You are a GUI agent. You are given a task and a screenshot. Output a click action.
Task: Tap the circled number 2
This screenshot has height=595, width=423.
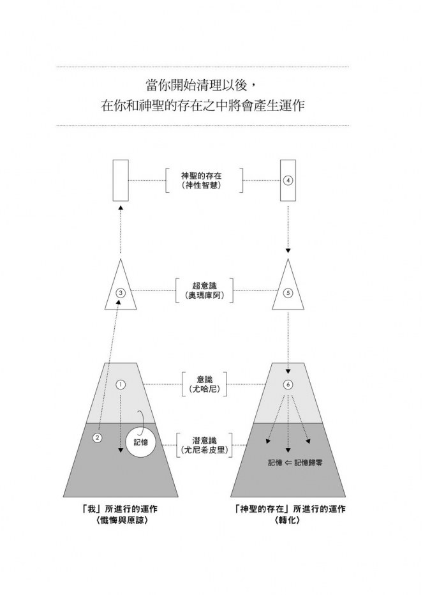[97, 438]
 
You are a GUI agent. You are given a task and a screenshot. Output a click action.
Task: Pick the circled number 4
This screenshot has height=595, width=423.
[288, 181]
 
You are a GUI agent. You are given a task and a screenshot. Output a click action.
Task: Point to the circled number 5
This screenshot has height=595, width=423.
[288, 293]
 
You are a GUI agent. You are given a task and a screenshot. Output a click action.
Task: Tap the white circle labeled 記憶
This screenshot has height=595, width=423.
[141, 442]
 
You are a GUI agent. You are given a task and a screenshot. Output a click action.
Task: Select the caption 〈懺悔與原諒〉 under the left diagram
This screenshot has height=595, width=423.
[121, 520]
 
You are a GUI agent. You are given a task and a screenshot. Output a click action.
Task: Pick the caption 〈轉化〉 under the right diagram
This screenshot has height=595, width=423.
[289, 520]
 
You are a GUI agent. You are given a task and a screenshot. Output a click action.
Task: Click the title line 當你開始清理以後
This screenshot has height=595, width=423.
[201, 86]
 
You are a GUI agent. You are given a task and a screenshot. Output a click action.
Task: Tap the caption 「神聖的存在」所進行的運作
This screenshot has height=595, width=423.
[289, 509]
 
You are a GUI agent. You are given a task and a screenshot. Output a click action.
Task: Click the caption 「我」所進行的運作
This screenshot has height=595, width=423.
[121, 509]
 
